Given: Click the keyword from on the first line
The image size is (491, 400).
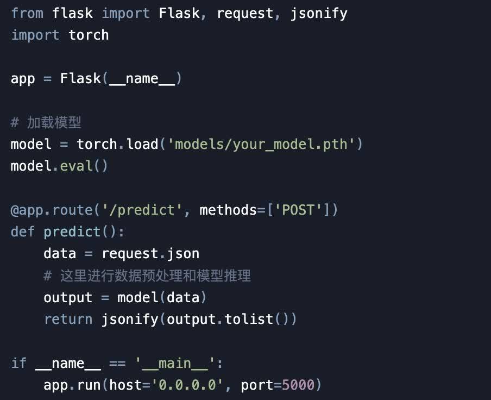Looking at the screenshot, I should pos(27,13).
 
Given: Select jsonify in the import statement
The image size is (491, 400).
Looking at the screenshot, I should pos(319,13).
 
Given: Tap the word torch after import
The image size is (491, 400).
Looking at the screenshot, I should pos(89,35).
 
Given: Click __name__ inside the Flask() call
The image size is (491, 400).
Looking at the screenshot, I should pos(142,79).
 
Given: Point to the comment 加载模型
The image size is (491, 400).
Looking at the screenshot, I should pos(54,123).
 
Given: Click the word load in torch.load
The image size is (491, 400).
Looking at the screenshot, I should pos(142,145).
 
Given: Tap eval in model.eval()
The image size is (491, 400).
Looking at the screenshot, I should pos(76,166).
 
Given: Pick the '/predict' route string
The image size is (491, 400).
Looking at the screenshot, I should pos(150,210).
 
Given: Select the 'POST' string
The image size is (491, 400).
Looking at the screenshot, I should pos(298,210).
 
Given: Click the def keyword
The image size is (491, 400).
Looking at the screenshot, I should pos(23,232).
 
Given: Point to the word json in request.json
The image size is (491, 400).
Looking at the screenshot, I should pos(183,254).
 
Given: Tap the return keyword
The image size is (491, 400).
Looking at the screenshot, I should pos(68,319).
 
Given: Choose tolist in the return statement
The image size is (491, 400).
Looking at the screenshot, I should pos(248,319).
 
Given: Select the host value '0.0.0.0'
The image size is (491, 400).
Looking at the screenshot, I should pos(187,385).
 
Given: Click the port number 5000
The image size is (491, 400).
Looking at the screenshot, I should pos(298,385).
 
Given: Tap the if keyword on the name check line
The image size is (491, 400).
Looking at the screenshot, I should pos(18,363).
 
